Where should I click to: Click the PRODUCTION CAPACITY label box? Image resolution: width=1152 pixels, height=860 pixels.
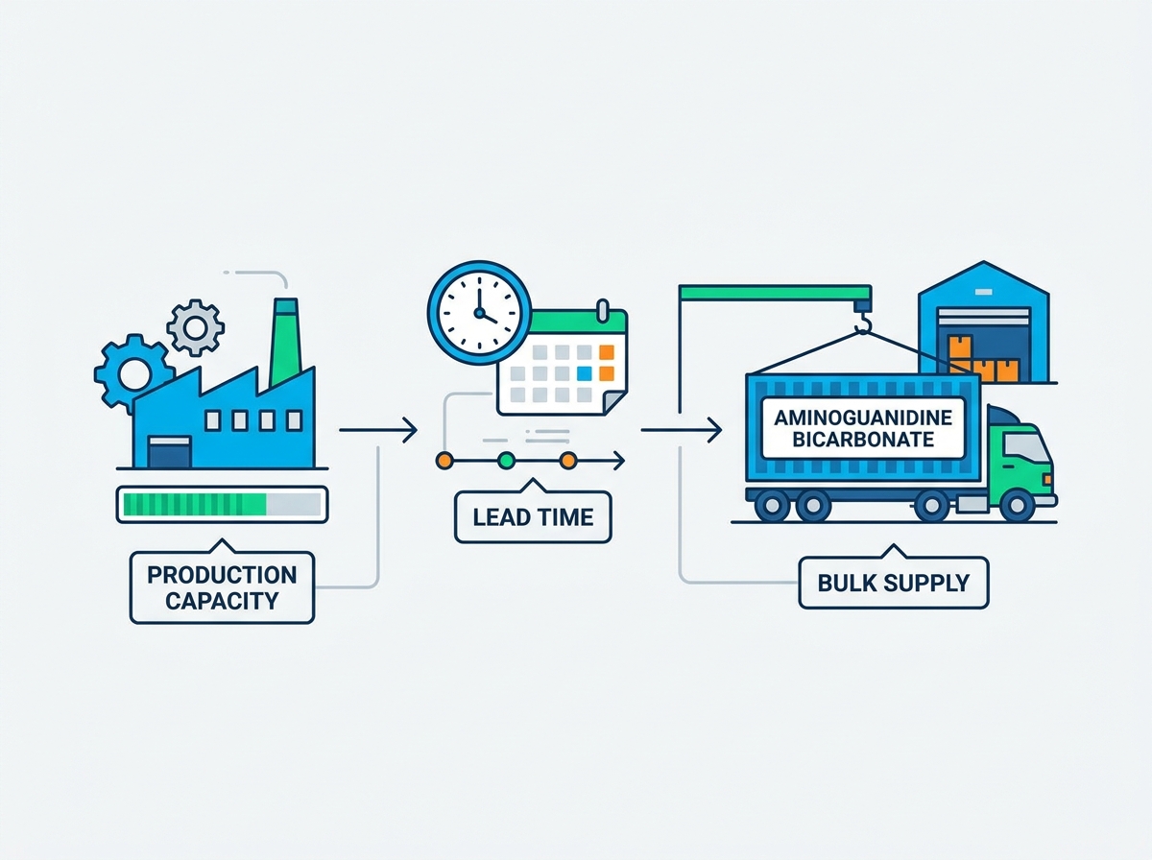(x=222, y=586)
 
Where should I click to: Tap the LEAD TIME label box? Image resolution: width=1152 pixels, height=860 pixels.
(x=533, y=516)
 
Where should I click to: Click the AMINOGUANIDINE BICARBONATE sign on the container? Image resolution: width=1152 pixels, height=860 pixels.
(x=863, y=428)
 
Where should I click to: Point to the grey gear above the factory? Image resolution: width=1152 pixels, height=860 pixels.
(x=196, y=328)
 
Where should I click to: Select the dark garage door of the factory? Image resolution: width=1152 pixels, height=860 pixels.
(x=170, y=452)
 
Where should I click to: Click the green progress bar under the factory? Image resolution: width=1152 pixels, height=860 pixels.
(x=195, y=504)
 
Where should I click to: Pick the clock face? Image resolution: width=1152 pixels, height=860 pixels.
(x=479, y=313)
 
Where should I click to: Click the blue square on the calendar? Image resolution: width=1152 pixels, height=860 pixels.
(x=584, y=373)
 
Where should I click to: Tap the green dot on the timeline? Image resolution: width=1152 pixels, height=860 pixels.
(x=506, y=461)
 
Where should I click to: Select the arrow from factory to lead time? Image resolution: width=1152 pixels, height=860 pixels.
(x=378, y=430)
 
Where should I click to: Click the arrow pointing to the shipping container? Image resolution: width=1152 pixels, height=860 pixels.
(x=682, y=430)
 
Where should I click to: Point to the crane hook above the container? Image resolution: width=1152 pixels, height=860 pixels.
(x=862, y=322)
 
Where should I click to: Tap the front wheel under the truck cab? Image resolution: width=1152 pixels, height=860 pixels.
(x=1017, y=505)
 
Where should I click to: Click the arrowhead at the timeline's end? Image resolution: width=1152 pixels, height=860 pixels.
(x=619, y=461)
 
